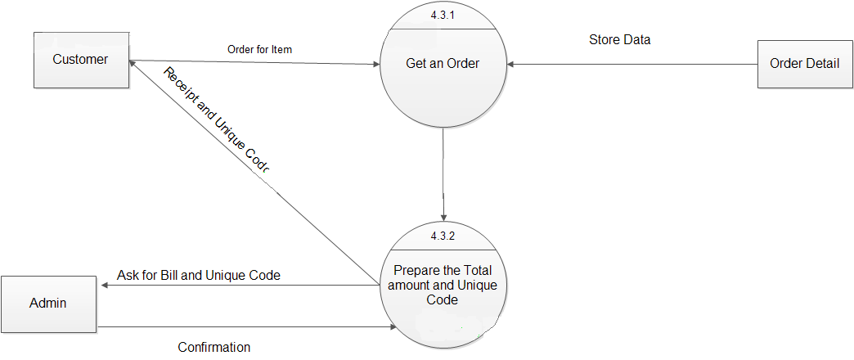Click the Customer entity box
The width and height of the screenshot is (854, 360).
click(81, 60)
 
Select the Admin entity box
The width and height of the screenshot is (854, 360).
click(49, 304)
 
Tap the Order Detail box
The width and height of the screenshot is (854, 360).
click(804, 64)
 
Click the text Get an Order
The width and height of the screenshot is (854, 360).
click(443, 64)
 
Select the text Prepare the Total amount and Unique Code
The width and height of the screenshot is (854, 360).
click(443, 285)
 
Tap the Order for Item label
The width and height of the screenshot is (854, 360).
click(259, 50)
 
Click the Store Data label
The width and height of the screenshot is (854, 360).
click(619, 39)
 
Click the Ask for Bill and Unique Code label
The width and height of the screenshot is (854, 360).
click(199, 276)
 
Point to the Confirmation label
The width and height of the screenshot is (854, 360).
click(214, 347)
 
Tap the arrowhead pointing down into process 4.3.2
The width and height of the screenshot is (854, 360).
click(443, 217)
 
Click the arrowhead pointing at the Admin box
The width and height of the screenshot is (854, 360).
click(103, 286)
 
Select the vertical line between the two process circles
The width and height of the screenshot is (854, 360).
click(443, 172)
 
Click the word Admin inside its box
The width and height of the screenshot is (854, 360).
click(47, 304)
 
